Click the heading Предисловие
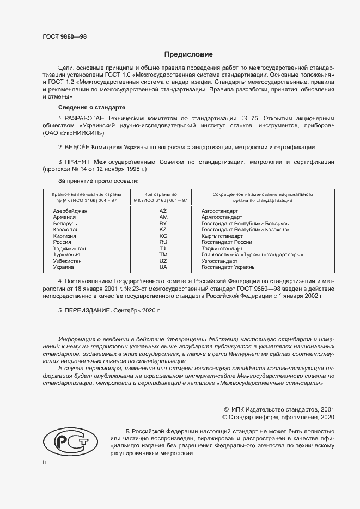tap(188, 54)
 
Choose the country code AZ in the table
tap(163, 211)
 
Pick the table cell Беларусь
tap(65, 224)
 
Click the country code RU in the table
tap(163, 242)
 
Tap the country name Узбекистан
tap(68, 261)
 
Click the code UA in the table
tap(163, 267)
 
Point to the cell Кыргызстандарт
tap(222, 236)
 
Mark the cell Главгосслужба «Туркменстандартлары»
tap(252, 255)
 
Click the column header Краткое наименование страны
tap(87, 194)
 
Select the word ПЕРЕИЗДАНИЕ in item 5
tap(88, 310)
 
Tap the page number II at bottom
tap(45, 462)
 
